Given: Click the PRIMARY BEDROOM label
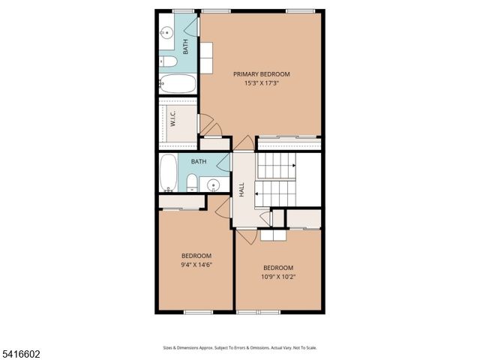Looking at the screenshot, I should click(x=261, y=74).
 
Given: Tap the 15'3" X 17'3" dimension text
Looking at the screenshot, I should click(x=261, y=83).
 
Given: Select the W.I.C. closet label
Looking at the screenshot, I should click(x=172, y=119).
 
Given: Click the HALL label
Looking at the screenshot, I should click(x=241, y=190).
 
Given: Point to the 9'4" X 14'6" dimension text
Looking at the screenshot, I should click(x=196, y=264).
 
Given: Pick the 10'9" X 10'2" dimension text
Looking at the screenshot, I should click(x=277, y=277).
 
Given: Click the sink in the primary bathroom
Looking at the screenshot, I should click(x=166, y=33).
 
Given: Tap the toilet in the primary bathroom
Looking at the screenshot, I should click(x=168, y=61).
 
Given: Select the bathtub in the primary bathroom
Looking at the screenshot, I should click(x=178, y=83).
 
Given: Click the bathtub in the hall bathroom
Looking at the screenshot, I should click(x=169, y=172).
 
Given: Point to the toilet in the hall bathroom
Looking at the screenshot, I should click(x=191, y=182).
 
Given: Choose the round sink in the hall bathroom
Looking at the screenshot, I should click(x=214, y=184).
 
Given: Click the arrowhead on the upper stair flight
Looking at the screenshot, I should click(x=294, y=165).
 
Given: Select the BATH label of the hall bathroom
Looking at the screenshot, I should click(x=199, y=162).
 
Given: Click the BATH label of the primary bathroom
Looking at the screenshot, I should click(x=186, y=46).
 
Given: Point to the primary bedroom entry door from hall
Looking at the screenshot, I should click(x=243, y=143).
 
